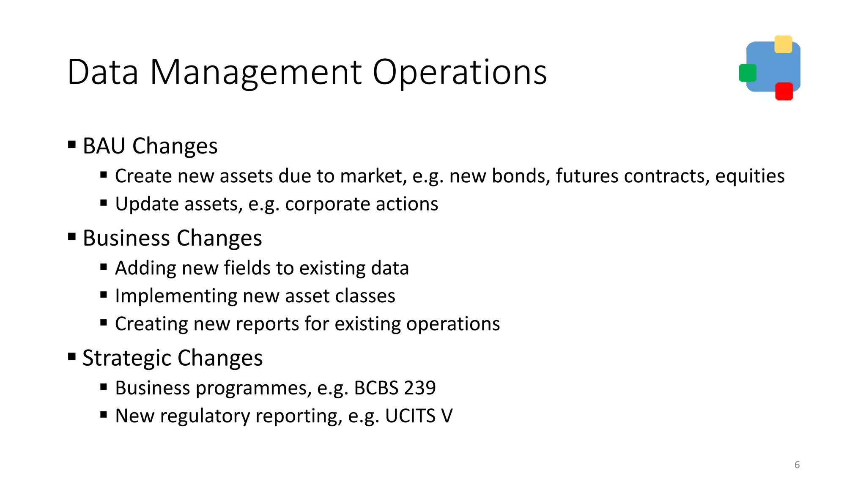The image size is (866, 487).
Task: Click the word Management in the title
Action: [256, 73]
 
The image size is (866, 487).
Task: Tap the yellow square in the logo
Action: [783, 44]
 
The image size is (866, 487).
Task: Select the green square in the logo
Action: [747, 73]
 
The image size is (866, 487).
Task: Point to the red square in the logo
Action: [784, 91]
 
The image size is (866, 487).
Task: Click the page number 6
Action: [797, 465]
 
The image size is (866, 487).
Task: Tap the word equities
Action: [750, 176]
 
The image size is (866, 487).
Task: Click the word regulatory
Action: [205, 416]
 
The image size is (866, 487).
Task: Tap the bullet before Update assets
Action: [104, 203]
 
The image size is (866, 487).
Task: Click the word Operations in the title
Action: [460, 73]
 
